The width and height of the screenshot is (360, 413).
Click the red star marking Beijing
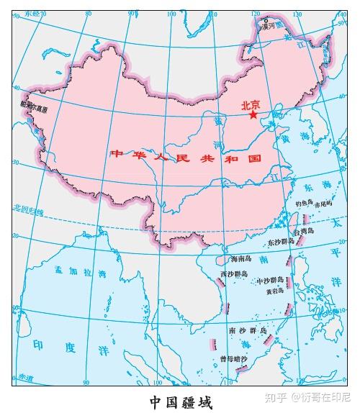[253, 114]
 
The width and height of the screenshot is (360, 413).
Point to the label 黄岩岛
[274, 291]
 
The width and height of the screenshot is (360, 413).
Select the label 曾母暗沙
[233, 358]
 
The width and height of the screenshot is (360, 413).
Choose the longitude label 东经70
[30, 14]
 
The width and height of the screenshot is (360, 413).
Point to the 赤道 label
[27, 376]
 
